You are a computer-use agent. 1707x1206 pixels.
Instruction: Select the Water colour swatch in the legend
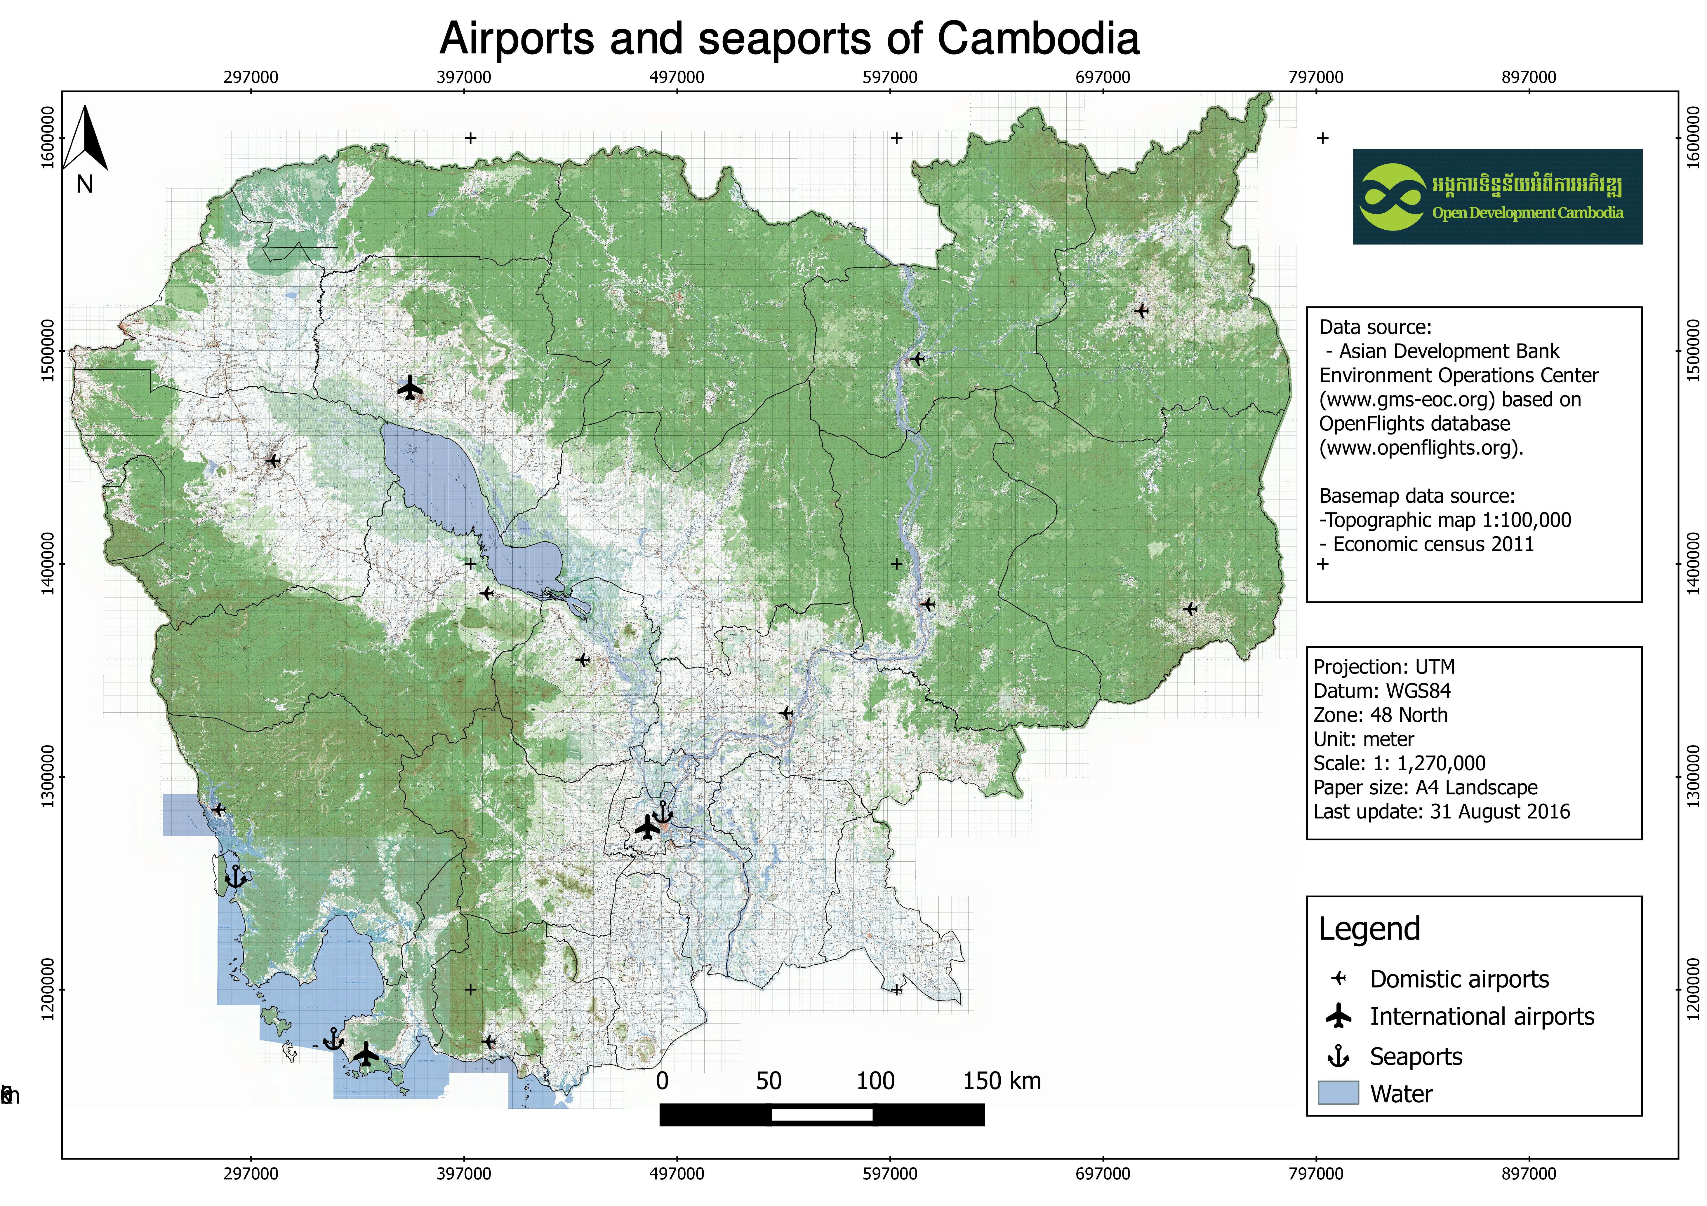[1338, 1093]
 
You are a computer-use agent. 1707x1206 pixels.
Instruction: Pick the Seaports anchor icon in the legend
[1338, 1056]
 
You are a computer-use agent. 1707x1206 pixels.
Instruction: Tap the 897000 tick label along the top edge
[1529, 77]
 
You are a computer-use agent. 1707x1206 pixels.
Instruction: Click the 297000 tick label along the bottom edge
[251, 1173]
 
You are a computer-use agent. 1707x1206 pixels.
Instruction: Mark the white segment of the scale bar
[822, 1115]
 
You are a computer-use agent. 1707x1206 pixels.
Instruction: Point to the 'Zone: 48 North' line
[1381, 715]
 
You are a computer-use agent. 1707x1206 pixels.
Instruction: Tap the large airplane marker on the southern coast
[366, 1054]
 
